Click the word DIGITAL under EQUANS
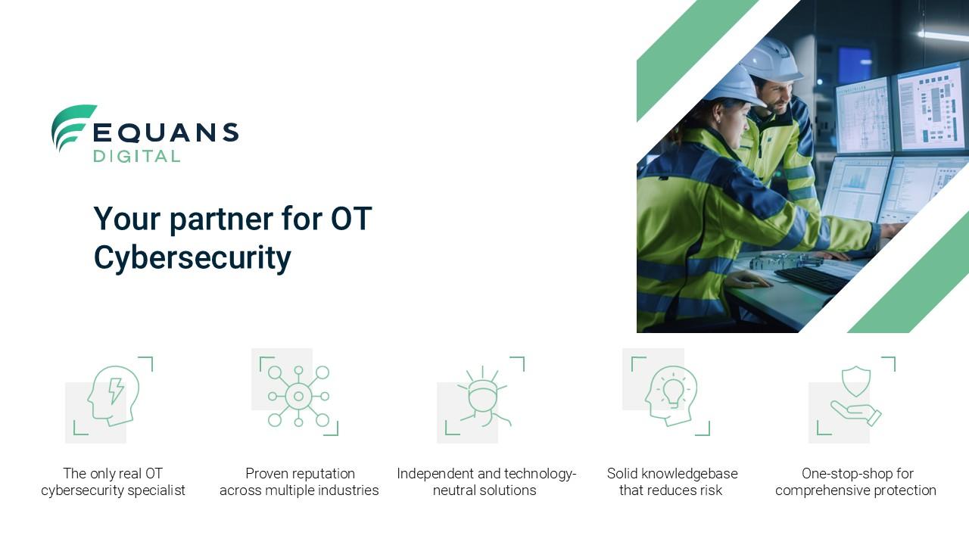(137, 156)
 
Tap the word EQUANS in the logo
(166, 132)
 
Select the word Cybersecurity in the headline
(192, 257)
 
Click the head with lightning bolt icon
(114, 396)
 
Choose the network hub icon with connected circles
(298, 396)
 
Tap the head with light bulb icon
(671, 396)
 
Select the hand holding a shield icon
(856, 396)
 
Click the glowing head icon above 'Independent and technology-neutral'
(484, 396)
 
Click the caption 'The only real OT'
(113, 474)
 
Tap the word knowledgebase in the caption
(690, 474)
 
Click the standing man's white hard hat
(772, 60)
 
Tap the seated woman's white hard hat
(734, 88)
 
